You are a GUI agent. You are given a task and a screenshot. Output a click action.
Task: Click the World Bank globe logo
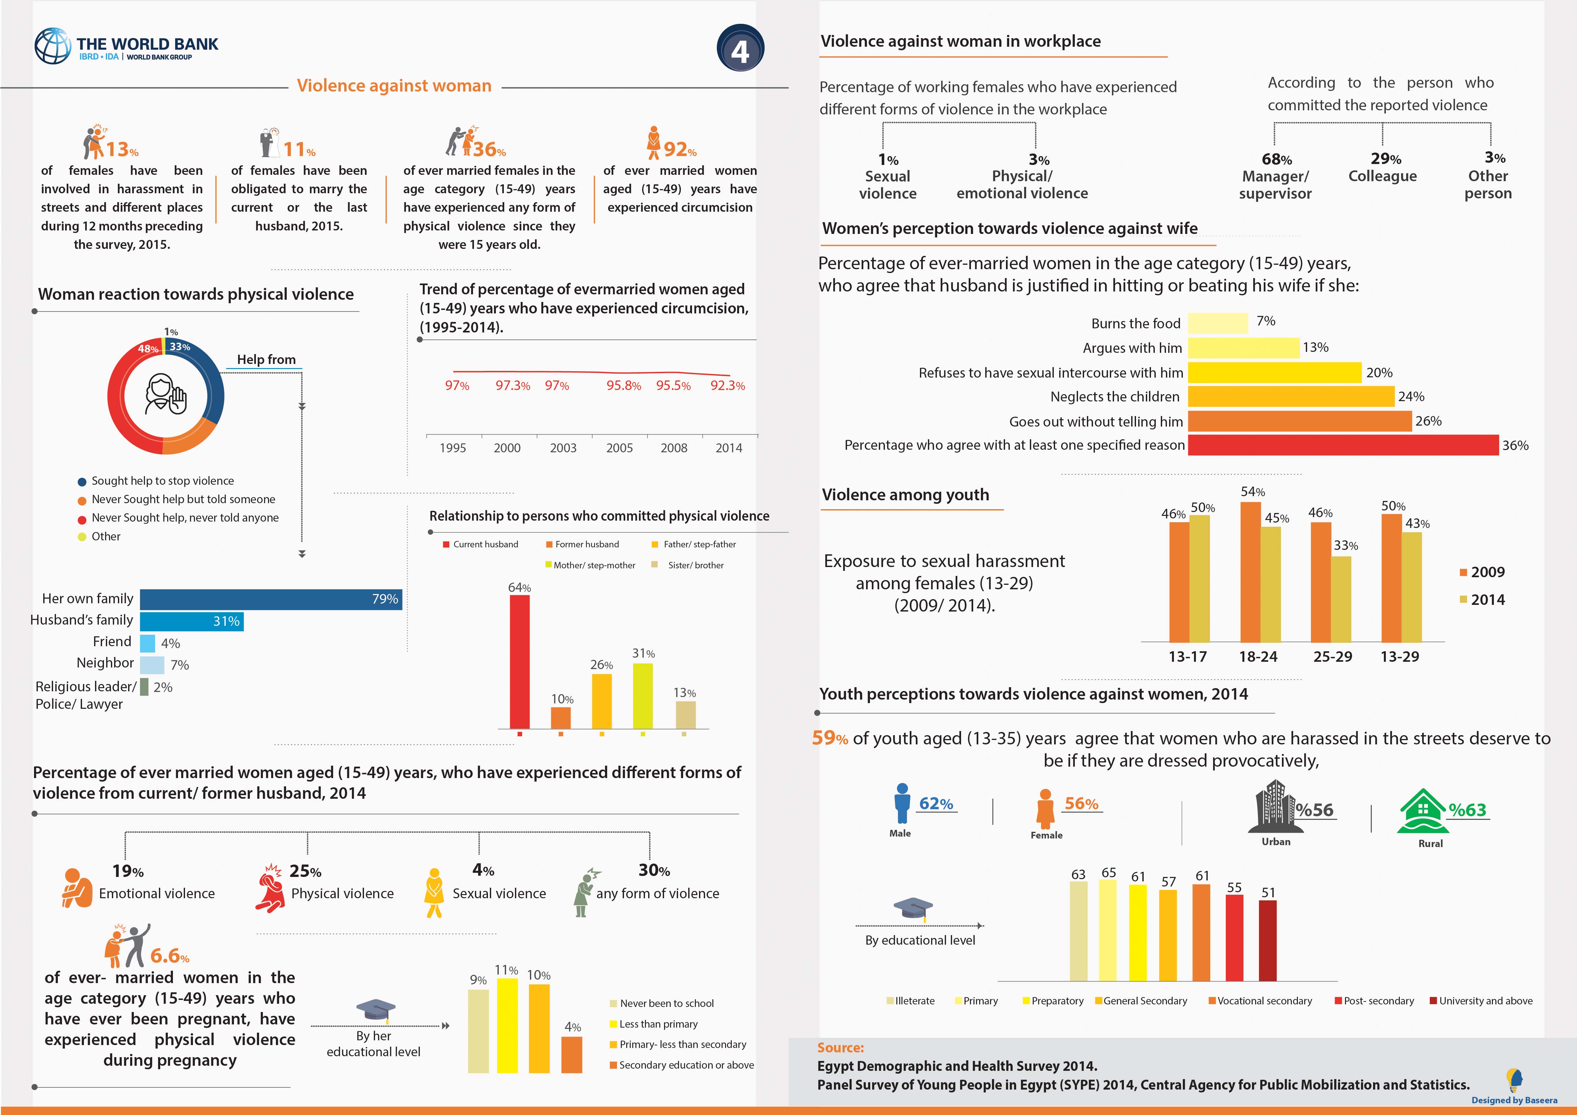click(x=53, y=46)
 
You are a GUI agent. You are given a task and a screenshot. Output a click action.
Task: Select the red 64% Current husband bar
click(x=520, y=662)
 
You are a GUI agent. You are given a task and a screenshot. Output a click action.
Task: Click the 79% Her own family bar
click(x=271, y=599)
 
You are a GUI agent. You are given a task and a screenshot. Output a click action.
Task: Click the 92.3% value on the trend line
click(x=727, y=386)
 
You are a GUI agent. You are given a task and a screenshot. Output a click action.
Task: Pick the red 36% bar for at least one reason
click(x=1343, y=445)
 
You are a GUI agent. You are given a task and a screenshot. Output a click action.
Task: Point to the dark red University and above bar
click(x=1268, y=941)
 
